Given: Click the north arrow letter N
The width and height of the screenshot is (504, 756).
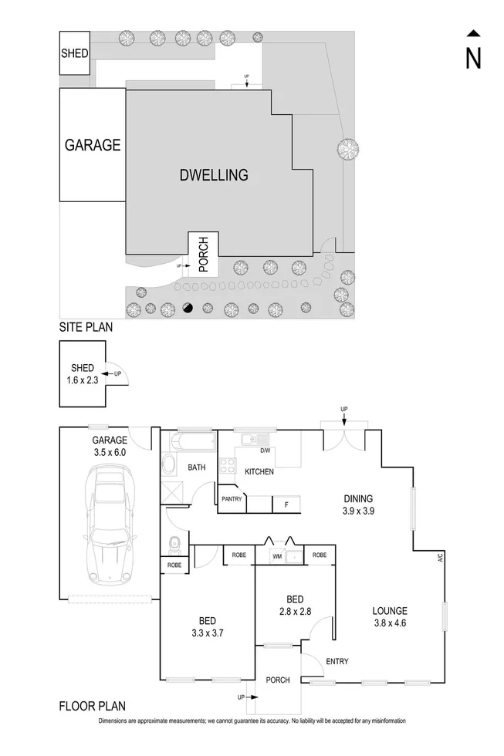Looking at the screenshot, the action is pos(473,58).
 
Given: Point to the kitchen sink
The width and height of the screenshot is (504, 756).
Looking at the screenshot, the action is pos(249,440).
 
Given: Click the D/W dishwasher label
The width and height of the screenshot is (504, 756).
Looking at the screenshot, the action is pos(265,451).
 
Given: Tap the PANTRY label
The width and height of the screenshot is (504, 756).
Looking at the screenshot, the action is pos(232,499).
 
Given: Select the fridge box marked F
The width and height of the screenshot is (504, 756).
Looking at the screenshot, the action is pos(286,505).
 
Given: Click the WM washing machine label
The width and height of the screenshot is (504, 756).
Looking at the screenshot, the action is pos(276,555).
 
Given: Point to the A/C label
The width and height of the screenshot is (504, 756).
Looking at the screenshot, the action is pos(439,557).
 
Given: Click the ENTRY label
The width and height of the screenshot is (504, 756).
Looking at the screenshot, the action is pos(337,661).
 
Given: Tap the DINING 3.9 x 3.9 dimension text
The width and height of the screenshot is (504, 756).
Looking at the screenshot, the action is pos(359,505).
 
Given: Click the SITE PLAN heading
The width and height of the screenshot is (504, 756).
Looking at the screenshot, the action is pos(86,327).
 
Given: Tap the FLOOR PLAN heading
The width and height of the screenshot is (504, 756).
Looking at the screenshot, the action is pos(92,705).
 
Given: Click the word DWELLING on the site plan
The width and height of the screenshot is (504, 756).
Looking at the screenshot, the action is pos(214,175).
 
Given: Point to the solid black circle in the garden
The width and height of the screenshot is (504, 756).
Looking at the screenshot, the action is pos(188,309).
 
